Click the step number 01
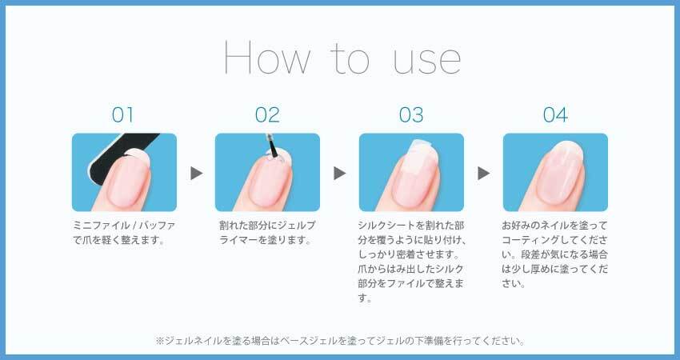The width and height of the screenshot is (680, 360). click(x=122, y=115)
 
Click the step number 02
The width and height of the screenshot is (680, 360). click(x=267, y=115)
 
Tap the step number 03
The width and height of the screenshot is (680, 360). click(x=411, y=115)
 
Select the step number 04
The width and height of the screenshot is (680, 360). click(x=555, y=115)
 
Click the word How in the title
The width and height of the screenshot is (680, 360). click(x=266, y=58)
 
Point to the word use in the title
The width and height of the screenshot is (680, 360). click(x=426, y=61)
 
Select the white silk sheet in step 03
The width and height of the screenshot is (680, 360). click(x=420, y=162)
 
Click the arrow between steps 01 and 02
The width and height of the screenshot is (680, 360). click(x=197, y=173)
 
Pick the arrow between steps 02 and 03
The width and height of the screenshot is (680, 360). click(x=339, y=173)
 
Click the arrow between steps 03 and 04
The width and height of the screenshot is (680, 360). click(x=483, y=173)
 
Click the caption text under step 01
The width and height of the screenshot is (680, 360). click(x=124, y=233)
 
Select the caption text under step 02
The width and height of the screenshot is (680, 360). click(x=267, y=233)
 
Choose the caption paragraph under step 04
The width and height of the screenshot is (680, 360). click(x=554, y=254)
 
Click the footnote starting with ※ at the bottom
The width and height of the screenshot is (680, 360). click(x=340, y=341)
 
